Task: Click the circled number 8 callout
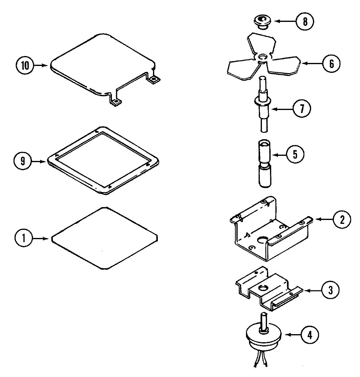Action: pos(305,22)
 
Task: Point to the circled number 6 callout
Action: pos(331,64)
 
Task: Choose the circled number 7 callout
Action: pos(302,109)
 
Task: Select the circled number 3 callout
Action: pos(330,290)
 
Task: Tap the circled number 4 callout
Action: pos(310,335)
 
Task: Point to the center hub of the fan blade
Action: pos(263,57)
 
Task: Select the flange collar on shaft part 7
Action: pos(263,101)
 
